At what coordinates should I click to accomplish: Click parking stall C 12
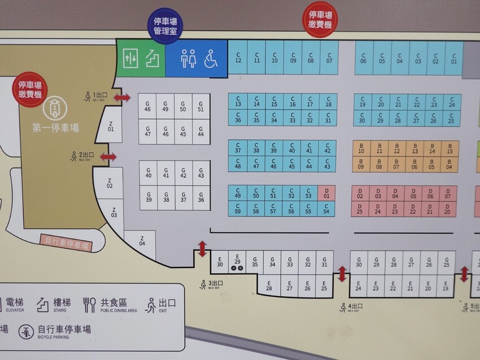pyautogui.click(x=238, y=58)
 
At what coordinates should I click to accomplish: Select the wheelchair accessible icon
pyautogui.click(x=210, y=58)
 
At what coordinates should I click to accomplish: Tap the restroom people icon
pyautogui.click(x=188, y=58)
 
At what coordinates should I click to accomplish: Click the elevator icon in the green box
pyautogui.click(x=130, y=58)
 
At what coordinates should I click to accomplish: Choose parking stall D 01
pyautogui.click(x=326, y=193)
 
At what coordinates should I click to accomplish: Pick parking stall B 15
pyautogui.click(x=450, y=148)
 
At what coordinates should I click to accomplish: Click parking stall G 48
pyautogui.click(x=147, y=106)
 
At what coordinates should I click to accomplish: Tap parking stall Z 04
pyautogui.click(x=142, y=241)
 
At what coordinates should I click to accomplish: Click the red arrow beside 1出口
pyautogui.click(x=122, y=98)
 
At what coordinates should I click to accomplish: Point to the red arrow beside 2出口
pyautogui.click(x=109, y=157)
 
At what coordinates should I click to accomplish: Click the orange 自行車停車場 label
pyautogui.click(x=67, y=243)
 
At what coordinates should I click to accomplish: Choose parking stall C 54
pyautogui.click(x=326, y=209)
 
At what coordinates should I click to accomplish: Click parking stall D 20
pyautogui.click(x=447, y=209)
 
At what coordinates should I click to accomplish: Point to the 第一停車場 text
pyautogui.click(x=55, y=128)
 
